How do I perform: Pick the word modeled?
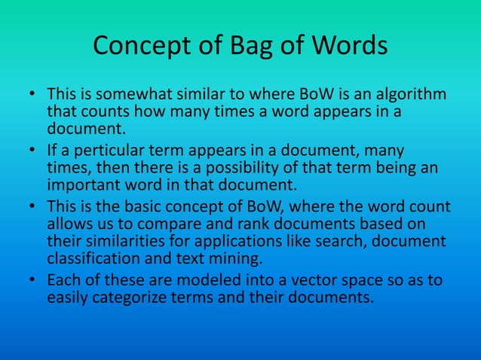[x=206, y=280]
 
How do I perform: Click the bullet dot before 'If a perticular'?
[x=33, y=151]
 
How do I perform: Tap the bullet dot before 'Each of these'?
[x=33, y=280]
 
